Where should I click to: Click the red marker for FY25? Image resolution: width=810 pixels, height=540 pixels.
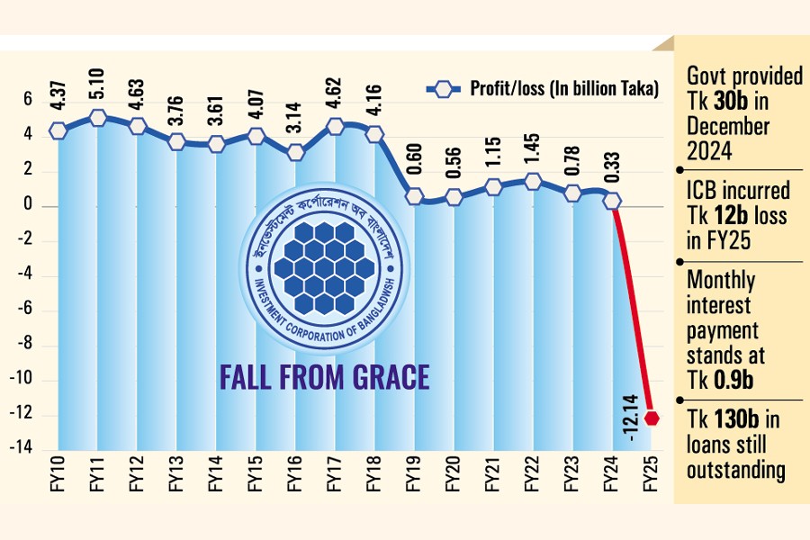click(652, 418)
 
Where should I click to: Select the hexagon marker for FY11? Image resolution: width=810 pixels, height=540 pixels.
click(98, 118)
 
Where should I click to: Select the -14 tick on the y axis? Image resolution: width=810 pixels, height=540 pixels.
click(25, 450)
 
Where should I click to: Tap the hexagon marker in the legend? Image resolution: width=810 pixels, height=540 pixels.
click(442, 88)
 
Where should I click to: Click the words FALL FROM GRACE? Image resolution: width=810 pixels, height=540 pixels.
click(324, 377)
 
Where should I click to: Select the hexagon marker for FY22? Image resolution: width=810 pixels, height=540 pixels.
click(533, 181)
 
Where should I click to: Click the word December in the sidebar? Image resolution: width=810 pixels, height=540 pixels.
click(729, 126)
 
